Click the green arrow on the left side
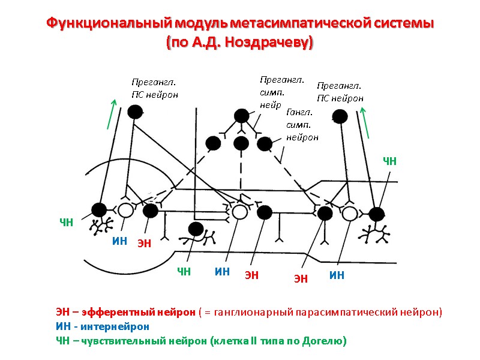tap(111, 114)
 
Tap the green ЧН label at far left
tap(66, 223)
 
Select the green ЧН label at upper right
tap(390, 160)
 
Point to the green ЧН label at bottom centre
tap(183, 272)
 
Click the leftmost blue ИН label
tap(120, 241)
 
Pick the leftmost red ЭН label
tap(144, 243)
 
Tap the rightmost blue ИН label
tap(337, 275)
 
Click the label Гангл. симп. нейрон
tap(302, 124)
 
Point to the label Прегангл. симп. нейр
tap(281, 92)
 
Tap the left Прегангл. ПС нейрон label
tap(154, 88)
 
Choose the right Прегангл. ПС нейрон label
tap(340, 92)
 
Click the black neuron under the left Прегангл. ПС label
tap(135, 112)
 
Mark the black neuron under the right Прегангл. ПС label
tap(340, 116)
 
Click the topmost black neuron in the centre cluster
tap(241, 116)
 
